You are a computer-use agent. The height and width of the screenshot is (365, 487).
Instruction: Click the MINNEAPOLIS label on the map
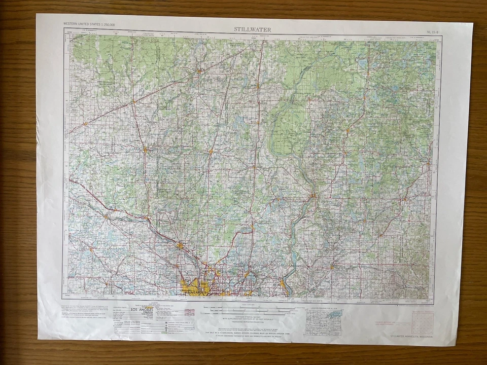[193, 293]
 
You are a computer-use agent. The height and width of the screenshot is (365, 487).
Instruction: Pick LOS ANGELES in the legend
[140, 309]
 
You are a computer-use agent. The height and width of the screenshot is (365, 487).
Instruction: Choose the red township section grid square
[422, 322]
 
